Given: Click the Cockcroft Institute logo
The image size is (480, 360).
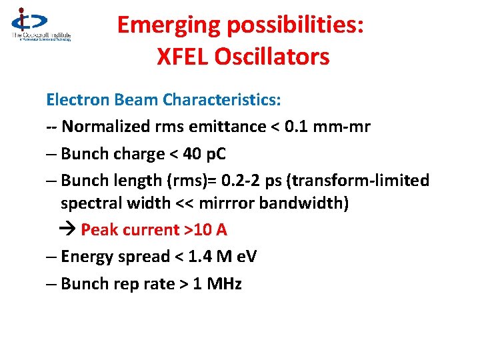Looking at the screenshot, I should point(40,25).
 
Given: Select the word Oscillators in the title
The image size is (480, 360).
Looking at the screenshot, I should point(273,57).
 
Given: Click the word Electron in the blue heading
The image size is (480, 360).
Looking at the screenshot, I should point(72,100).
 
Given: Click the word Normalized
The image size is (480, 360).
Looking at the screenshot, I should point(105,127).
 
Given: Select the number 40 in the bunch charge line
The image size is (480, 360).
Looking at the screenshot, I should point(192,154).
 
